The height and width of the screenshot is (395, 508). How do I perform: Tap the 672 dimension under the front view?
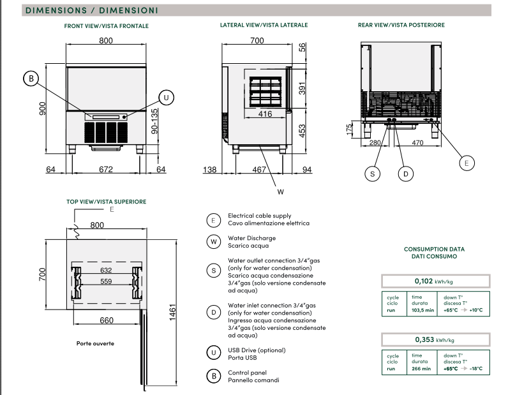click(x=106, y=169)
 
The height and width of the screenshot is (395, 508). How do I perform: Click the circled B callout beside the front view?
click(x=30, y=78)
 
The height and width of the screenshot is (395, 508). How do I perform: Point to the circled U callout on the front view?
click(x=165, y=97)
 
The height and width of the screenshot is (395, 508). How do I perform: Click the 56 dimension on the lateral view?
click(x=303, y=47)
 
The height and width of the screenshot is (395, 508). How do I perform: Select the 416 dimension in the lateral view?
click(x=265, y=114)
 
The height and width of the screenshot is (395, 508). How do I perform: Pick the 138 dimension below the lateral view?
click(x=210, y=169)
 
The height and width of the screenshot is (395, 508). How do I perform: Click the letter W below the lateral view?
click(x=280, y=191)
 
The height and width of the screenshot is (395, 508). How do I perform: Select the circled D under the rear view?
click(x=406, y=172)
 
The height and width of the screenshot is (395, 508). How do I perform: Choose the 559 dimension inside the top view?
click(x=106, y=281)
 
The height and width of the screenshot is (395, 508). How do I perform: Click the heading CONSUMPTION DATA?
click(x=434, y=249)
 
